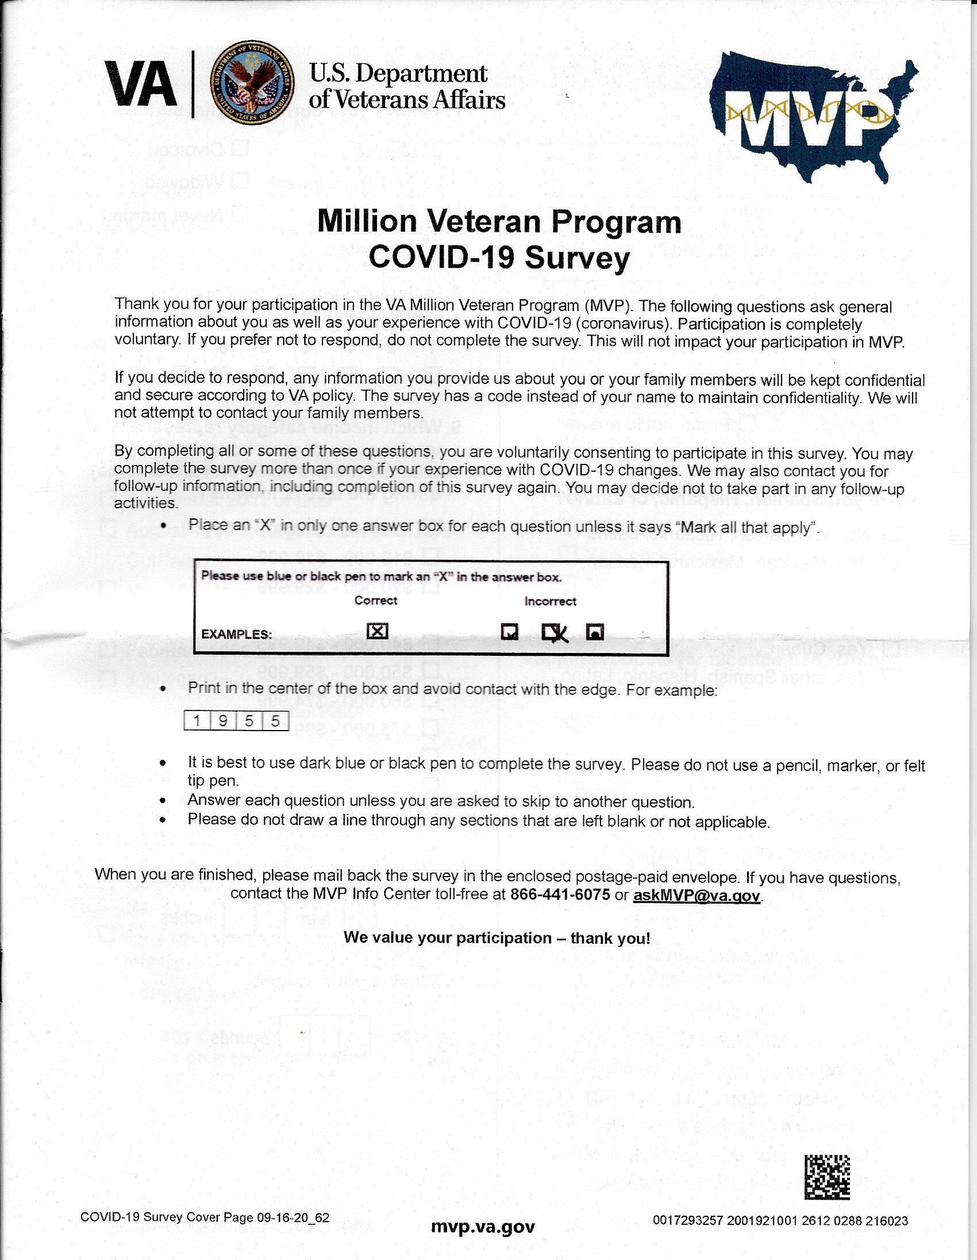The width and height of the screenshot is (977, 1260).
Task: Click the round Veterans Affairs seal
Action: point(252,83)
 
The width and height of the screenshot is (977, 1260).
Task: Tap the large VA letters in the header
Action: point(140,85)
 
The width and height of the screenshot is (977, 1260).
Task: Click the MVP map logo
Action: point(813,116)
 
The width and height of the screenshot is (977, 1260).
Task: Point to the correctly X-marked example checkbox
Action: point(377,631)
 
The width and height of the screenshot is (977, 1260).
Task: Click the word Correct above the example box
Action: point(375,601)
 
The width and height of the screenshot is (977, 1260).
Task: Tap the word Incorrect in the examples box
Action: point(549,601)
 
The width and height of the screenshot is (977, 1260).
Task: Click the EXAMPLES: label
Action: point(236,634)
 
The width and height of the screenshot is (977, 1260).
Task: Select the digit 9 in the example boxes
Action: point(223,721)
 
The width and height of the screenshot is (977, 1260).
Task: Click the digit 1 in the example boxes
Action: point(197,721)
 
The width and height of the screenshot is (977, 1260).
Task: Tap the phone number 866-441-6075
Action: point(560,895)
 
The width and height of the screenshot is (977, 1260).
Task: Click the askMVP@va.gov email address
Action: point(696,896)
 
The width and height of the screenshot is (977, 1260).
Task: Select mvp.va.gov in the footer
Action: point(483,1227)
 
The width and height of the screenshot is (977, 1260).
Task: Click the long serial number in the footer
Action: point(780,1221)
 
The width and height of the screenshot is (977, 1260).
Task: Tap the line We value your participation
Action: point(497,938)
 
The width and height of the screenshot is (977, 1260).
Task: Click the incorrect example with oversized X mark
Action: point(554,632)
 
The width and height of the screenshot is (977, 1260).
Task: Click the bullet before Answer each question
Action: point(163,801)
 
